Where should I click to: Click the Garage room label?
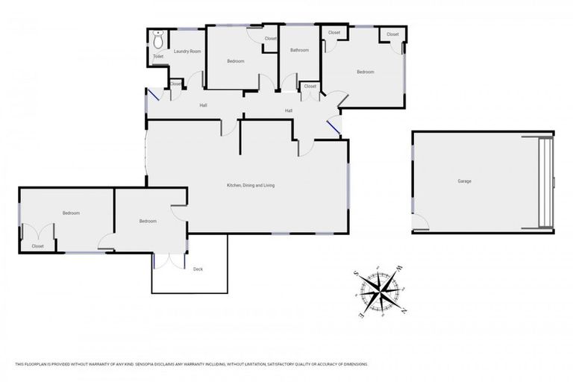pyautogui.click(x=464, y=181)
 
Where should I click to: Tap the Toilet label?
pyautogui.click(x=158, y=56)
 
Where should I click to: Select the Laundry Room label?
pyautogui.click(x=187, y=51)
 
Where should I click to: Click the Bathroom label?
pyautogui.click(x=299, y=51)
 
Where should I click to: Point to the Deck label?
pyautogui.click(x=198, y=269)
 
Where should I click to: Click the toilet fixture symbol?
pyautogui.click(x=158, y=35)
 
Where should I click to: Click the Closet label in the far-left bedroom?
pyautogui.click(x=37, y=246)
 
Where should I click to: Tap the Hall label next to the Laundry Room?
pyautogui.click(x=203, y=105)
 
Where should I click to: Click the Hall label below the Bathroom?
pyautogui.click(x=289, y=111)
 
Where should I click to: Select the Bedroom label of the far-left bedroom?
pyautogui.click(x=71, y=213)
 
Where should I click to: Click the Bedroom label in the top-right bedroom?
pyautogui.click(x=365, y=72)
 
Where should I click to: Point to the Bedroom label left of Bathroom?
pyautogui.click(x=236, y=61)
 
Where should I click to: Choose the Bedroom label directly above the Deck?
pyautogui.click(x=148, y=221)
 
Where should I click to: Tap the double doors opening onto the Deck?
pyautogui.click(x=170, y=260)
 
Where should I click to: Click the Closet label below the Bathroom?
pyautogui.click(x=310, y=87)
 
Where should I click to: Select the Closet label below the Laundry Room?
pyautogui.click(x=176, y=84)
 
